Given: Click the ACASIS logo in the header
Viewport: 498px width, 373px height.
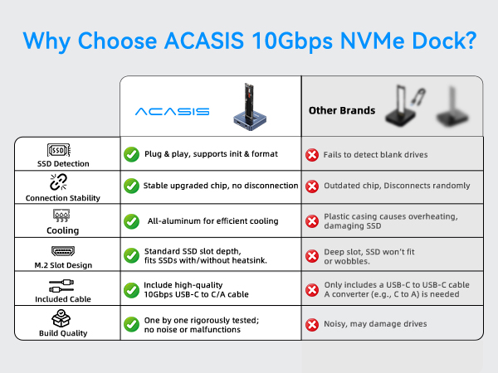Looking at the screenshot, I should (172, 111).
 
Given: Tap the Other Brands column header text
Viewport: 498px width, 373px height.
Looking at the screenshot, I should (342, 110).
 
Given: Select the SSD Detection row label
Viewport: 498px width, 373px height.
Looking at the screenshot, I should (57, 164).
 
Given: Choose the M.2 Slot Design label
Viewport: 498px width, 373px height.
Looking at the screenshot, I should (57, 265).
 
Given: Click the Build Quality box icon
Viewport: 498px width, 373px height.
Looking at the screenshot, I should (57, 318).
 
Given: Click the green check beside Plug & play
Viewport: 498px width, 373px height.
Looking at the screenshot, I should (131, 154).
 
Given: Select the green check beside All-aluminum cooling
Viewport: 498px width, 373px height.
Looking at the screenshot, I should (131, 221).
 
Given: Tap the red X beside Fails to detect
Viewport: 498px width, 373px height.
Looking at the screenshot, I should (312, 154).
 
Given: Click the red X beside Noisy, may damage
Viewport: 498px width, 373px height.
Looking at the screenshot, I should (312, 324).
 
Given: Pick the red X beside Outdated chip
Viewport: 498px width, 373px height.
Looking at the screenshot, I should (312, 186).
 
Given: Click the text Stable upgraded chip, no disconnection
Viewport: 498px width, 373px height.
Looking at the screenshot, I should (220, 186).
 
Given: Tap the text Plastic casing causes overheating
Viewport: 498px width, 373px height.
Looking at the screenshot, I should (390, 216).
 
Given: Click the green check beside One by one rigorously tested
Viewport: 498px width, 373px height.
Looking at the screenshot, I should (131, 324).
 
